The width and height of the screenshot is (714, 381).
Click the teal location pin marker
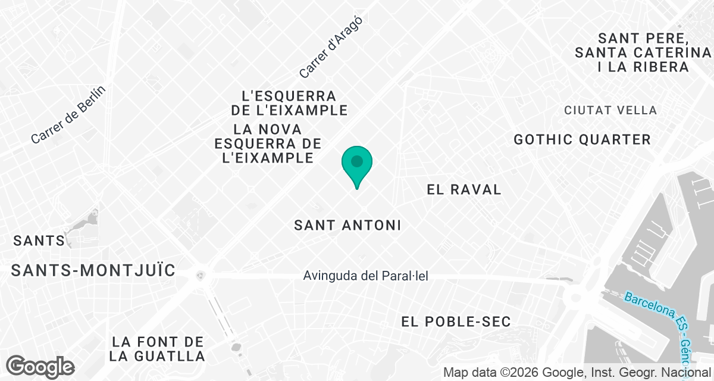point(357,164)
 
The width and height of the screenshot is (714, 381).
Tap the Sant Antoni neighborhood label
point(347,226)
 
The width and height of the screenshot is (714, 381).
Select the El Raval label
point(464,190)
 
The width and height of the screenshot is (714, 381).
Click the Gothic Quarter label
point(583,140)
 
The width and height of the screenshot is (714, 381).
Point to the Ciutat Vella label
point(610,110)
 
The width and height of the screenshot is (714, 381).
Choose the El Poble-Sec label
point(456,322)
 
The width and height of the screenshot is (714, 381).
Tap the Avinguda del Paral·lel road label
point(365,276)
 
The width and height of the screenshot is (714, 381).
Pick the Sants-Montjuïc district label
point(93,271)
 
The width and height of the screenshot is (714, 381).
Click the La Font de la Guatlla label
point(158,349)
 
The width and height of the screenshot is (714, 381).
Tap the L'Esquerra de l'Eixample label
point(289,103)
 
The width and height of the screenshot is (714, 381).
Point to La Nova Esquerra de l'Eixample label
point(268,143)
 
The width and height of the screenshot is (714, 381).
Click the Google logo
point(40,366)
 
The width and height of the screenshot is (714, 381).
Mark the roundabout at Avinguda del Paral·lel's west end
point(201,275)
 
